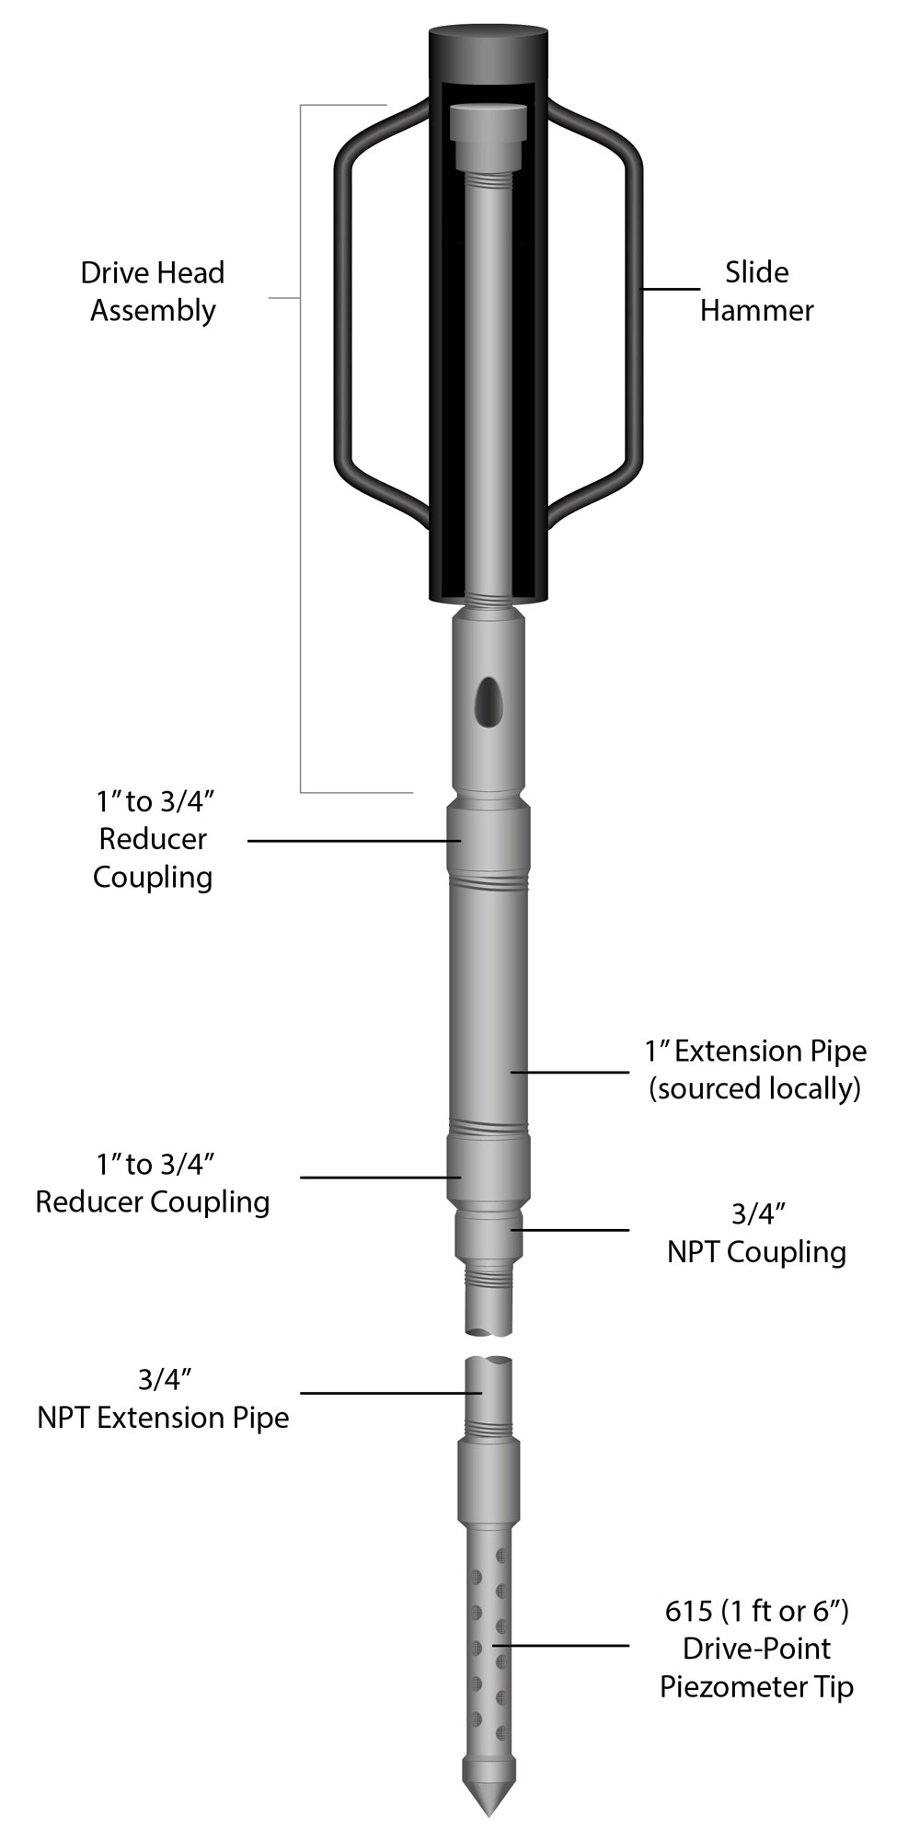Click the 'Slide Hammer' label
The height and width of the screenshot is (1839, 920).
756,291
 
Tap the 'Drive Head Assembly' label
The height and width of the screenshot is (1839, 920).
153,291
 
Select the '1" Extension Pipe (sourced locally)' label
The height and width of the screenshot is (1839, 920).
755,1069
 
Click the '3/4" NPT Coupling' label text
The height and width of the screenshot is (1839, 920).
756,1233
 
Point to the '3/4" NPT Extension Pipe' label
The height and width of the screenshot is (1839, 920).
163,1398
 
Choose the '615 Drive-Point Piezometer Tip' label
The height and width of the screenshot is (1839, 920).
756,1649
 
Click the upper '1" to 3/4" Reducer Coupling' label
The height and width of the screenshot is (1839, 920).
153,839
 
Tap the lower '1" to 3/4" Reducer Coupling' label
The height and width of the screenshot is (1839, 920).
153,1183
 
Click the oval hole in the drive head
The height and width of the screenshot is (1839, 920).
488,703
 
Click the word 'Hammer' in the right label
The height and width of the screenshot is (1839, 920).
756,310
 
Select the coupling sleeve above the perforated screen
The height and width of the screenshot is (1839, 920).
488,1481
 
